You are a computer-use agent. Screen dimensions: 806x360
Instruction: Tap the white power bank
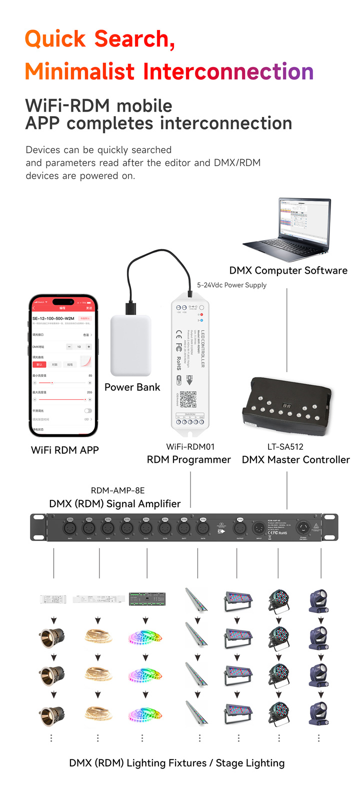tap(130, 346)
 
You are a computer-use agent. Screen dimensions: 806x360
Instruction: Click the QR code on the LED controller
tap(188, 400)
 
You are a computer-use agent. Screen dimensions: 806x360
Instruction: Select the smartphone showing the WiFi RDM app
tap(63, 366)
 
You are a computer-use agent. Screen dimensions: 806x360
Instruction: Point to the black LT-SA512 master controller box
tap(287, 406)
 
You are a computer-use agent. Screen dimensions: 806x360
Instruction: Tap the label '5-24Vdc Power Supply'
tap(231, 285)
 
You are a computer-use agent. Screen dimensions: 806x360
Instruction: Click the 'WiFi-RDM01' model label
tap(190, 447)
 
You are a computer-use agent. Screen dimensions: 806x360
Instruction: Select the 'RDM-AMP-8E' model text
tap(117, 491)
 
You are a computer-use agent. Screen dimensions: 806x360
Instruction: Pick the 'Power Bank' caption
tap(132, 387)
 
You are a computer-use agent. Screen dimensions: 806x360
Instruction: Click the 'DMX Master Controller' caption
tap(295, 460)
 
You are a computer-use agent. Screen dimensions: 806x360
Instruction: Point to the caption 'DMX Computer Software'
tap(288, 271)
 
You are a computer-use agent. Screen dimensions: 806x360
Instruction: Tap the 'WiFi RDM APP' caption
tap(65, 450)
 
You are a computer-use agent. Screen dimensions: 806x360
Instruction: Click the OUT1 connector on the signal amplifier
tap(69, 527)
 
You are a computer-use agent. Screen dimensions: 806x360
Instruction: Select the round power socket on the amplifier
tap(303, 527)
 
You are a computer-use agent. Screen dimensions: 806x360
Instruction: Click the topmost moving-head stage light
tap(318, 601)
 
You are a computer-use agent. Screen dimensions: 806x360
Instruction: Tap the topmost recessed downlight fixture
tap(52, 637)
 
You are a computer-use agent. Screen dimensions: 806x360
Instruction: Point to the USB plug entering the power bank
tap(130, 307)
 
